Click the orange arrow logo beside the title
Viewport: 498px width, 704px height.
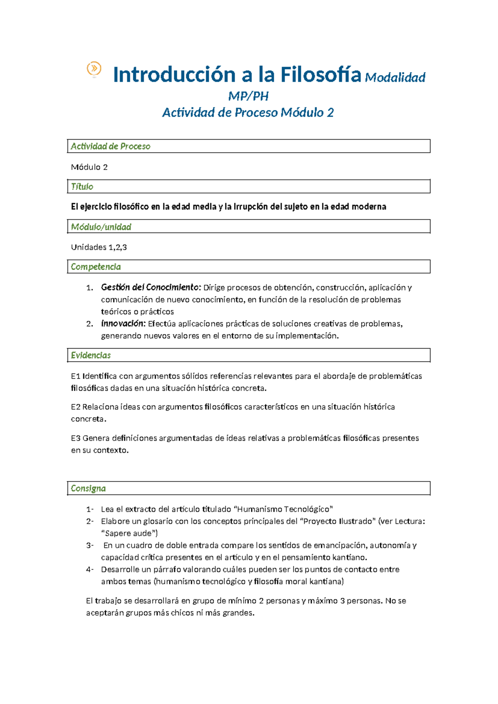tap(94, 68)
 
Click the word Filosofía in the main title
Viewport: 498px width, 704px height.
tap(320, 75)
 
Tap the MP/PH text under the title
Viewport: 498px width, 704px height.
tap(248, 96)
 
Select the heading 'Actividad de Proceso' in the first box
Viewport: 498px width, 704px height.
tap(110, 146)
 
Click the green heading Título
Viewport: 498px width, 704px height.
tap(82, 186)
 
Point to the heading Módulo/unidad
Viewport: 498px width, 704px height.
tap(101, 227)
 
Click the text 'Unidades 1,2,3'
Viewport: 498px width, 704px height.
tap(99, 247)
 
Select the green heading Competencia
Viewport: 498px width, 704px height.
tap(96, 266)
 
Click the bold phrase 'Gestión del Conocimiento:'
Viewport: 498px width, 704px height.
tap(151, 287)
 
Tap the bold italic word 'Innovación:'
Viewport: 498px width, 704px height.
tap(123, 323)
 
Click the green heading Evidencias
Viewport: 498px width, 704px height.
tap(91, 355)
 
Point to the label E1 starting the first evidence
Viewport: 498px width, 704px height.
tap(75, 376)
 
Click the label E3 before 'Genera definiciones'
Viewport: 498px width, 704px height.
tap(76, 438)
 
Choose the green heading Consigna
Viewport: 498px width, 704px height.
tap(88, 488)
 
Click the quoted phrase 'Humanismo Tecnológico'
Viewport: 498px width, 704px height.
tap(283, 509)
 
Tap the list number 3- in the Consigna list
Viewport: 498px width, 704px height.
tap(90, 545)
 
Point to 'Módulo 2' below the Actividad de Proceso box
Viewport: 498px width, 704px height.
tap(89, 167)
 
